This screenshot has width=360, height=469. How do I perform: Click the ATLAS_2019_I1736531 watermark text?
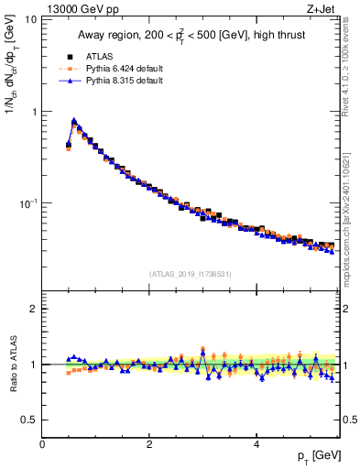click(191, 274)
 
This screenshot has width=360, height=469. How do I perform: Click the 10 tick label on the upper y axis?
click(30, 20)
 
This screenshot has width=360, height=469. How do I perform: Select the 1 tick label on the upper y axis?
click(34, 112)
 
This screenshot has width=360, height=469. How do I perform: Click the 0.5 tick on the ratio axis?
click(30, 420)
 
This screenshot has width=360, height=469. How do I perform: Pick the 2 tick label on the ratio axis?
click(34, 309)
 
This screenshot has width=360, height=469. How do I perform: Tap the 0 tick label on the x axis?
click(42, 442)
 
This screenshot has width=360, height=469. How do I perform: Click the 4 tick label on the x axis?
click(256, 442)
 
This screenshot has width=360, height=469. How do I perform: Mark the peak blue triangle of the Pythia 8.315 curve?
click(74, 120)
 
